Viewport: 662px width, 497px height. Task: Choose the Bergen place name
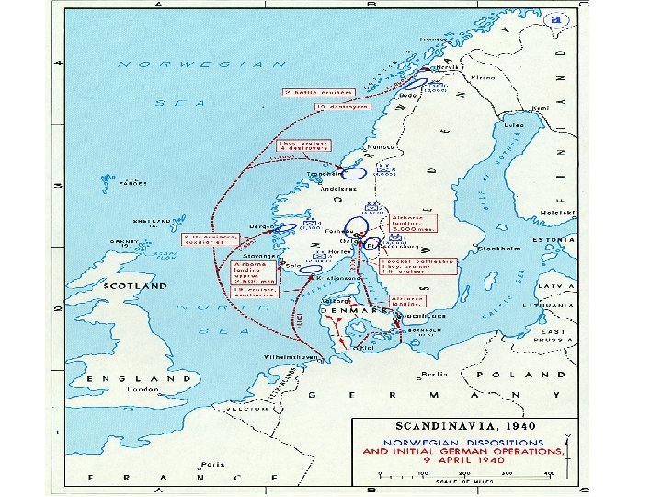click(x=261, y=225)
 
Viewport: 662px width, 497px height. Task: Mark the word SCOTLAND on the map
click(x=136, y=286)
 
